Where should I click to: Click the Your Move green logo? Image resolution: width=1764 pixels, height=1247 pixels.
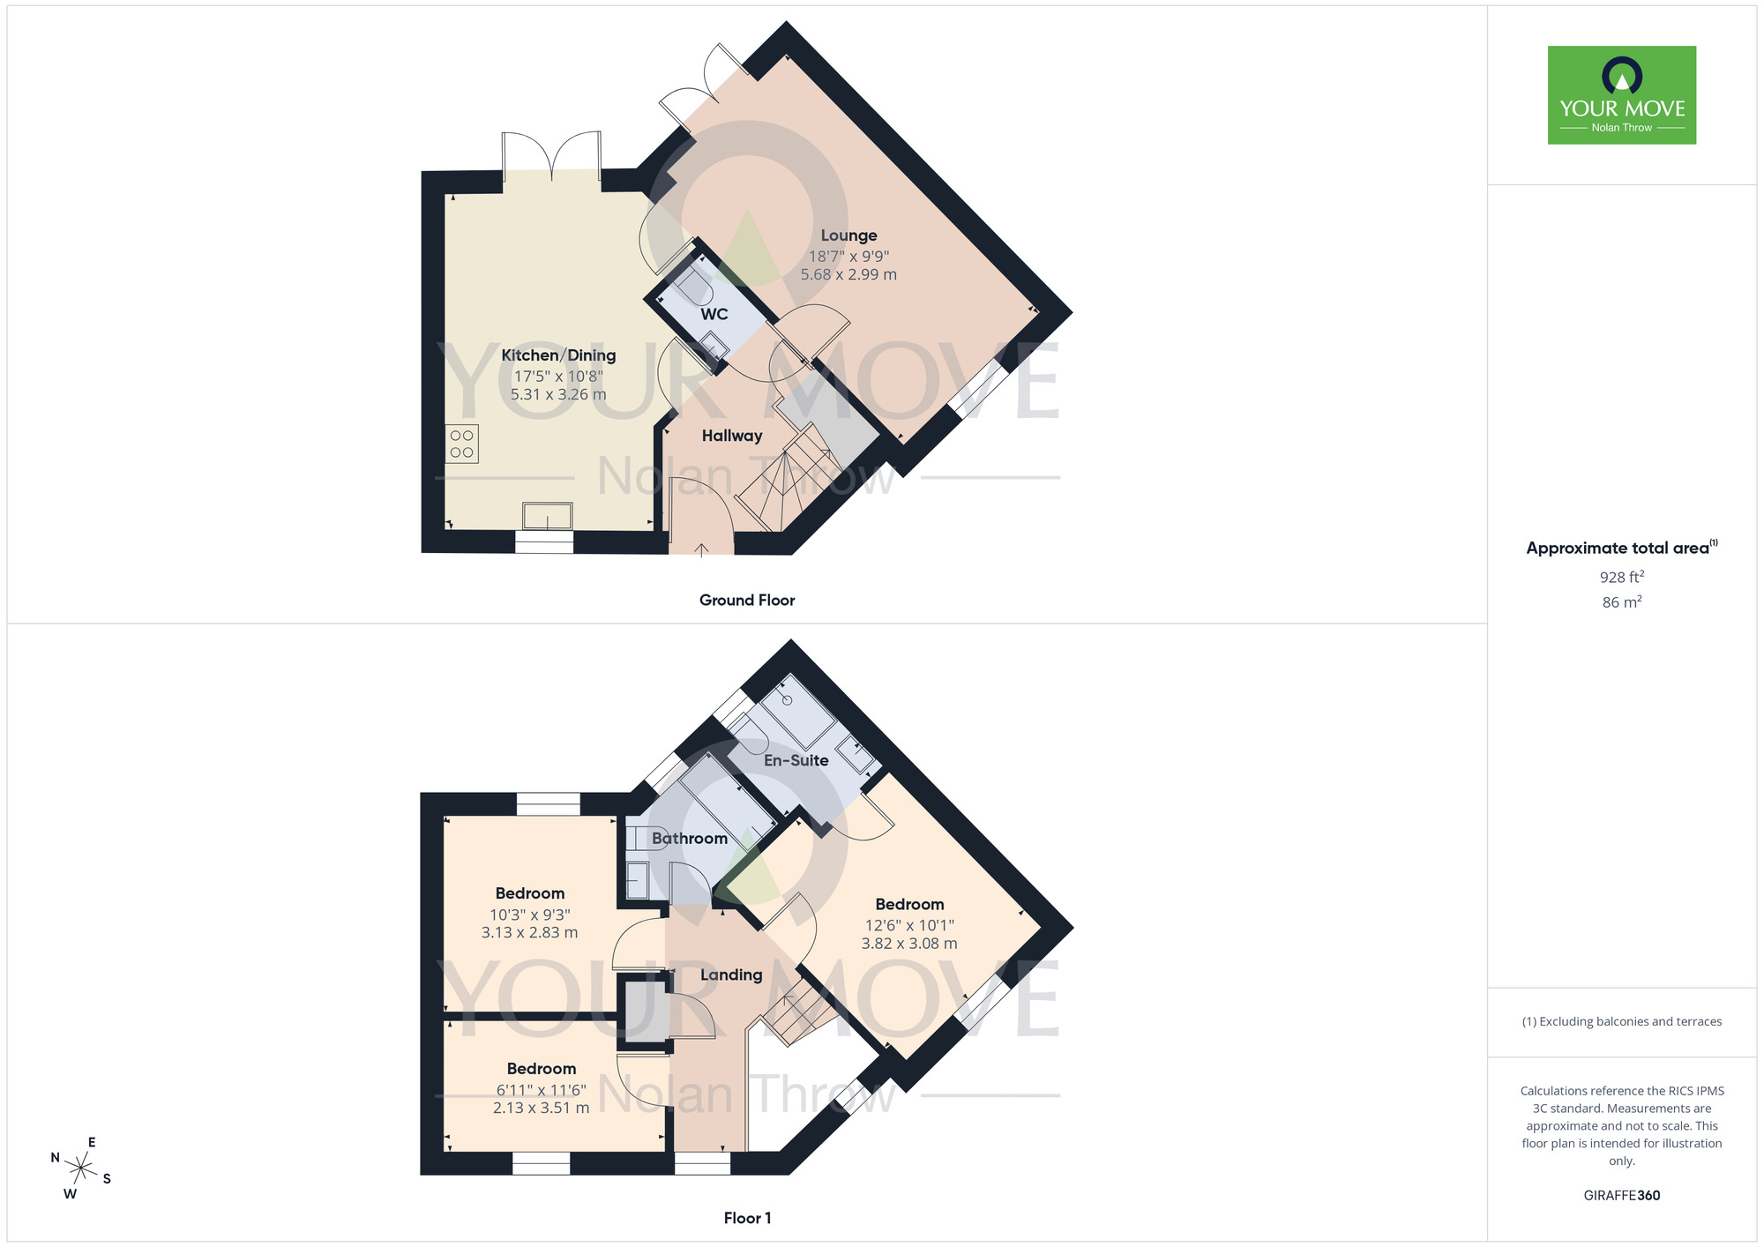1621,95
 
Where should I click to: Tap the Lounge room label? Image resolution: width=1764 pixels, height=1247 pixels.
848,235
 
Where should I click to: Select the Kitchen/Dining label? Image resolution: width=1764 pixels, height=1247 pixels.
558,355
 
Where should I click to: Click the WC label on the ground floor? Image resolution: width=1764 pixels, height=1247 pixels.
714,314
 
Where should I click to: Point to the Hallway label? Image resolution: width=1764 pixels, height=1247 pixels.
732,436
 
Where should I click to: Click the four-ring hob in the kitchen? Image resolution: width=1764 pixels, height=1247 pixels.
462,444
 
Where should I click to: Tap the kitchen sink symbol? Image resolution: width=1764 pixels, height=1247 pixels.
548,515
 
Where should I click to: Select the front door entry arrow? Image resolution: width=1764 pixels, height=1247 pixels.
701,550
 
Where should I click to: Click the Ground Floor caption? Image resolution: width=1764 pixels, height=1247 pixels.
747,600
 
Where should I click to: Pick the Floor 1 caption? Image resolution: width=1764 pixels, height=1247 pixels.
747,1218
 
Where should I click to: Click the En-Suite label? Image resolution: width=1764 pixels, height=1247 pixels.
796,760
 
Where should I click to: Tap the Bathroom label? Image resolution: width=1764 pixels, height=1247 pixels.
690,839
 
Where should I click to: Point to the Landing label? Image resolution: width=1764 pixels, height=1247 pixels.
731,974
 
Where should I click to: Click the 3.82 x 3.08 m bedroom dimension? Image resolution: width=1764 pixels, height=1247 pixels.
909,944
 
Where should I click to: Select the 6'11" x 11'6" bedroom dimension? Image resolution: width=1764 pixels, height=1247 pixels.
541,1090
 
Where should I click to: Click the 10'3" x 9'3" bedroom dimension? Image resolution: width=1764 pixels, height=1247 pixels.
530,915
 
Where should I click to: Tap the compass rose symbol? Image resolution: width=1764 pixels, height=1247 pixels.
81,1169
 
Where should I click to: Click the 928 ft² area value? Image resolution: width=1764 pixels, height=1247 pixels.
1621,577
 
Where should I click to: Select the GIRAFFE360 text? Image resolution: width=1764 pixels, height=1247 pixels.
1621,1196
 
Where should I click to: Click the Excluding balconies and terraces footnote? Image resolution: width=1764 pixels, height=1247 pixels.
1621,1021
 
